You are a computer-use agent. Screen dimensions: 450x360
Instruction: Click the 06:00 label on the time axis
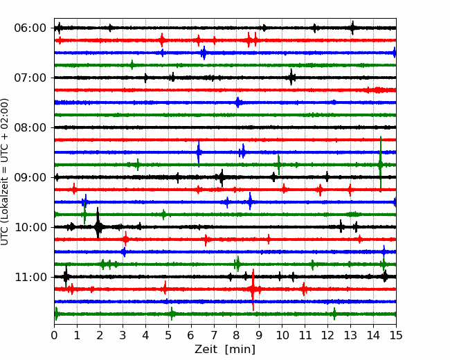pyautogui.click(x=30, y=28)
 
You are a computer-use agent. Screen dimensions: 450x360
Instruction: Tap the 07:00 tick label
pyautogui.click(x=30, y=78)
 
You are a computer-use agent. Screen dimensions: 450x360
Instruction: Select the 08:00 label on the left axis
pyautogui.click(x=30, y=127)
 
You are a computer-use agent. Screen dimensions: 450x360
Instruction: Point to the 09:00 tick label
pyautogui.click(x=30, y=177)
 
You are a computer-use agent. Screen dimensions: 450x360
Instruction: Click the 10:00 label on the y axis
pyautogui.click(x=30, y=227)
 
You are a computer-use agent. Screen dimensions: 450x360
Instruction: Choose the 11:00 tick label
pyautogui.click(x=30, y=277)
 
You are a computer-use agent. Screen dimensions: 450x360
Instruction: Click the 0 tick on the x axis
pyautogui.click(x=54, y=335)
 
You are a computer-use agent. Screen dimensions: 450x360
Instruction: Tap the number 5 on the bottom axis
pyautogui.click(x=168, y=335)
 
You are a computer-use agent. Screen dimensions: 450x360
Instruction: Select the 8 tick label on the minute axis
pyautogui.click(x=237, y=335)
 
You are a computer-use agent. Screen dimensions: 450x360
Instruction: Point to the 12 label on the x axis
pyautogui.click(x=327, y=335)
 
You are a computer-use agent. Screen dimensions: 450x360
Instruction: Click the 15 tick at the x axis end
pyautogui.click(x=396, y=335)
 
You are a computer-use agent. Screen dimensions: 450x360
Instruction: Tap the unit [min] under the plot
pyautogui.click(x=240, y=350)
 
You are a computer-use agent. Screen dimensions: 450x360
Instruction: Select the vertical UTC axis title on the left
pyautogui.click(x=5, y=172)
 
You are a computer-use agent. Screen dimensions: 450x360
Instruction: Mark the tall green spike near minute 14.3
pyautogui.click(x=381, y=164)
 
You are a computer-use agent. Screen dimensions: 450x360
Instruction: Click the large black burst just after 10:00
pyautogui.click(x=98, y=226)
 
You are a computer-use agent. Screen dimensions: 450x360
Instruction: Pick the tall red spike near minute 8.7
pyautogui.click(x=253, y=289)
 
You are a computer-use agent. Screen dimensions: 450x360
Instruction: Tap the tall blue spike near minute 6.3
pyautogui.click(x=199, y=152)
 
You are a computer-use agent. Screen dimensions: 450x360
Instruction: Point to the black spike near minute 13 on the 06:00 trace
pyautogui.click(x=352, y=28)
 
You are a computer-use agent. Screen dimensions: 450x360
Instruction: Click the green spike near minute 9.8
pyautogui.click(x=279, y=165)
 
